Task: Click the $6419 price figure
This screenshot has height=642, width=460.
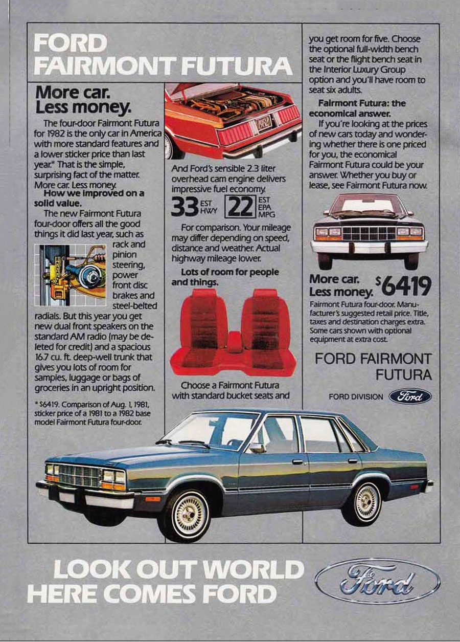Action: point(404,286)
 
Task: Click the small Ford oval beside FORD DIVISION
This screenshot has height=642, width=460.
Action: point(410,396)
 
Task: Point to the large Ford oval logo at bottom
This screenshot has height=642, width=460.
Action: point(378,581)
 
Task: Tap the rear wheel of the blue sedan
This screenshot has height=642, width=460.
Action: point(367,502)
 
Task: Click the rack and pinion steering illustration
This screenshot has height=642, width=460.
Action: point(73,275)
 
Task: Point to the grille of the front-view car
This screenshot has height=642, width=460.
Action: point(369,233)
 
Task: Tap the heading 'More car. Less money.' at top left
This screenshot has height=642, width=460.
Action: point(83,100)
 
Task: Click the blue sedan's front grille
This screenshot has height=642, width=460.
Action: point(78,475)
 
